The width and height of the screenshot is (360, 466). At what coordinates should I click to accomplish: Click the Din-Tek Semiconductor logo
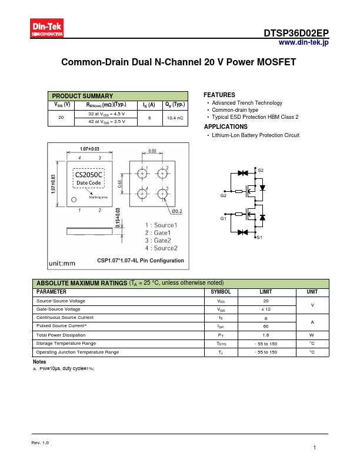click(x=47, y=28)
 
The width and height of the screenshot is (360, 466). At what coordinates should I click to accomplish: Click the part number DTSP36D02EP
click(x=296, y=34)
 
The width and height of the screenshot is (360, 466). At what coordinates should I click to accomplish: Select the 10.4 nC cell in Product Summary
click(x=175, y=118)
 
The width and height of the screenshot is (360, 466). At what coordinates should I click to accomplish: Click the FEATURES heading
click(x=219, y=95)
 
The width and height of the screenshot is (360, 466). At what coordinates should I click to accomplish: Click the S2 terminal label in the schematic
click(x=261, y=170)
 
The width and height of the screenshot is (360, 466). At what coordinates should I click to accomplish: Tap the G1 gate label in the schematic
click(x=224, y=218)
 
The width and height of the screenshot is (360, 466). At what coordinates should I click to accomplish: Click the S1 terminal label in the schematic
click(x=260, y=237)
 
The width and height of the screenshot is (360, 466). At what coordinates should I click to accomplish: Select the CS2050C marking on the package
click(x=88, y=174)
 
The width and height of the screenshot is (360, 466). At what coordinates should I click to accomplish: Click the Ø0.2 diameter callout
click(x=177, y=211)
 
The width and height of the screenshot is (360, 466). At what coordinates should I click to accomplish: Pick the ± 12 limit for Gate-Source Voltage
click(x=266, y=309)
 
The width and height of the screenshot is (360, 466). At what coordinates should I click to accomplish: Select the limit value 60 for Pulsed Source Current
click(x=266, y=326)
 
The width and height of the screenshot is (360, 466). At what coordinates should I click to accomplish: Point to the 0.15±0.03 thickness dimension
click(x=118, y=218)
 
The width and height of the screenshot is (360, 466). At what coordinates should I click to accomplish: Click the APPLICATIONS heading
click(x=225, y=127)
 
